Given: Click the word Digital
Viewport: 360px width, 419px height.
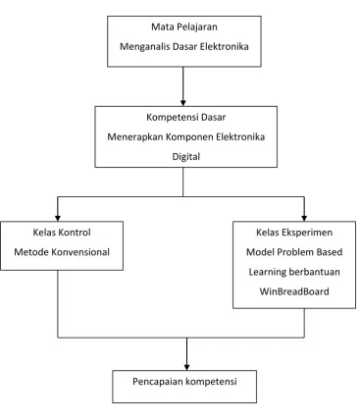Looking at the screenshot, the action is [x=186, y=157].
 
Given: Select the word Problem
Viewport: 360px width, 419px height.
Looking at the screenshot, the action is [x=294, y=252].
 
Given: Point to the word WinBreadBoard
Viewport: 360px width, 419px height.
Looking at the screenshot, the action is [x=294, y=291].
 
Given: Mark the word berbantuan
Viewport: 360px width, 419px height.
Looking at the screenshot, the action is [x=316, y=272].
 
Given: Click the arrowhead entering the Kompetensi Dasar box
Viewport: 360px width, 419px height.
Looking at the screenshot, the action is [x=183, y=103].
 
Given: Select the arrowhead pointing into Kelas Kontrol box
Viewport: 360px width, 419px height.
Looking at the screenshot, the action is [x=58, y=218].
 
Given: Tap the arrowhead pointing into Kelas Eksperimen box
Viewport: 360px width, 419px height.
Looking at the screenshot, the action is [x=304, y=218].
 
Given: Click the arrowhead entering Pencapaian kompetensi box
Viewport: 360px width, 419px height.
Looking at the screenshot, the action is [x=186, y=367].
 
